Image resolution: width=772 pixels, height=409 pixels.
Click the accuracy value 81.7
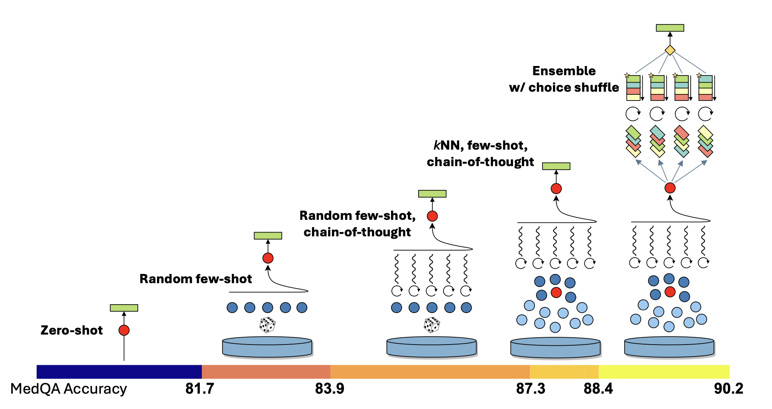pyautogui.click(x=200, y=389)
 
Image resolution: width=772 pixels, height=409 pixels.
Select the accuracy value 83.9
pyautogui.click(x=330, y=389)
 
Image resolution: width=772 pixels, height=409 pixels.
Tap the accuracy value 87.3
pyautogui.click(x=530, y=389)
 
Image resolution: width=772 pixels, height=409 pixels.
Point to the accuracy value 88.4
pyautogui.click(x=598, y=389)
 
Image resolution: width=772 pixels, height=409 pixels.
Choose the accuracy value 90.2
pyautogui.click(x=728, y=389)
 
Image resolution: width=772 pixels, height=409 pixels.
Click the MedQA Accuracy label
pyautogui.click(x=68, y=389)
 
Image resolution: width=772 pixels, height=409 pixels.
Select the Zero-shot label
pyautogui.click(x=72, y=330)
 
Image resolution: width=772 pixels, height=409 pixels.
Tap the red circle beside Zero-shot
pyautogui.click(x=124, y=330)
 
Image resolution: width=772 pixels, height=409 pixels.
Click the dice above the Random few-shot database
pyautogui.click(x=267, y=325)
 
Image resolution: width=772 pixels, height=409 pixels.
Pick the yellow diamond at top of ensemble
pyautogui.click(x=670, y=50)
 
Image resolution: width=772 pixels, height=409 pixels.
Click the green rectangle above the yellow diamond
pyautogui.click(x=670, y=28)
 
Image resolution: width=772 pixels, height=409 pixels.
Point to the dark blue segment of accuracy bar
pyautogui.click(x=119, y=372)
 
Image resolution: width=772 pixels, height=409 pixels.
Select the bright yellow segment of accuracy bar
pyautogui.click(x=664, y=372)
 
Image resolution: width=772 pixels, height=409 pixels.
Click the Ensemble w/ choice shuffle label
pyautogui.click(x=564, y=79)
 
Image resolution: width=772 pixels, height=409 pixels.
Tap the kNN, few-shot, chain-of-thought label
pyautogui.click(x=480, y=153)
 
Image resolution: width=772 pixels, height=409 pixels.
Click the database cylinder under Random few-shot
pyautogui.click(x=267, y=347)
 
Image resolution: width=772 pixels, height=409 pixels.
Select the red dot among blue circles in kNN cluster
pyautogui.click(x=556, y=293)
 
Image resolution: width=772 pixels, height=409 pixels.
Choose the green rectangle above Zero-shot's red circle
pyautogui.click(x=124, y=308)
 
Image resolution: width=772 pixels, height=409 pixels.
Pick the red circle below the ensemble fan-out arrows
pyautogui.click(x=670, y=188)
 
